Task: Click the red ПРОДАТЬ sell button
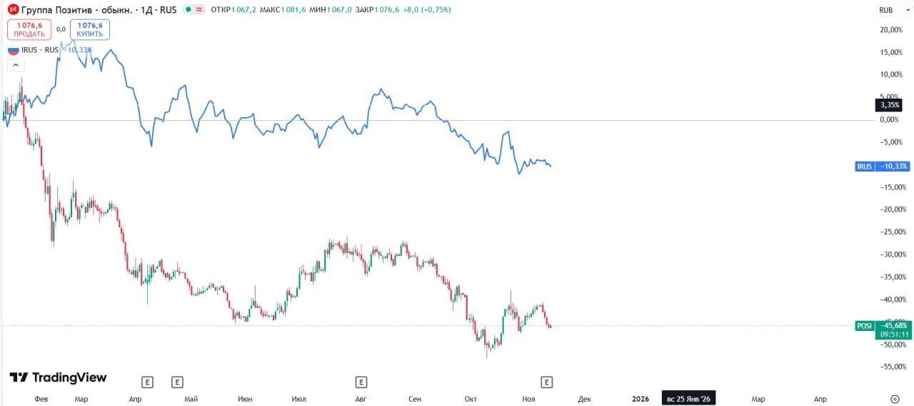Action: point(29,29)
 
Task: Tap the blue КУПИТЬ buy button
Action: point(90,29)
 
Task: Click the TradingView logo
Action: point(58,377)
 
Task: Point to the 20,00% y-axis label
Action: point(891,30)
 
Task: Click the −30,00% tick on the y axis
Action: point(893,254)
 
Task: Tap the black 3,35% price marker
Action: point(889,105)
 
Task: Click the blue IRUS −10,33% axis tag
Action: point(882,167)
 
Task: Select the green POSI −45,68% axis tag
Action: point(882,325)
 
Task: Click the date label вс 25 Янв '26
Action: point(688,399)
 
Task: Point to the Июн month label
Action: point(245,399)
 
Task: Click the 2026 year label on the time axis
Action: point(641,399)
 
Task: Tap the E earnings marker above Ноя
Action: point(546,382)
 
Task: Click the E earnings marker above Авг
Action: point(361,382)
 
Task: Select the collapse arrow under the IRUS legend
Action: point(16,65)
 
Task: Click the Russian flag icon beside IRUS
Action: point(14,50)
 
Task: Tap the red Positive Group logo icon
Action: point(13,9)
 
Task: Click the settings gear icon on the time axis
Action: point(895,399)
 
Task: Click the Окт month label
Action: point(471,399)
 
